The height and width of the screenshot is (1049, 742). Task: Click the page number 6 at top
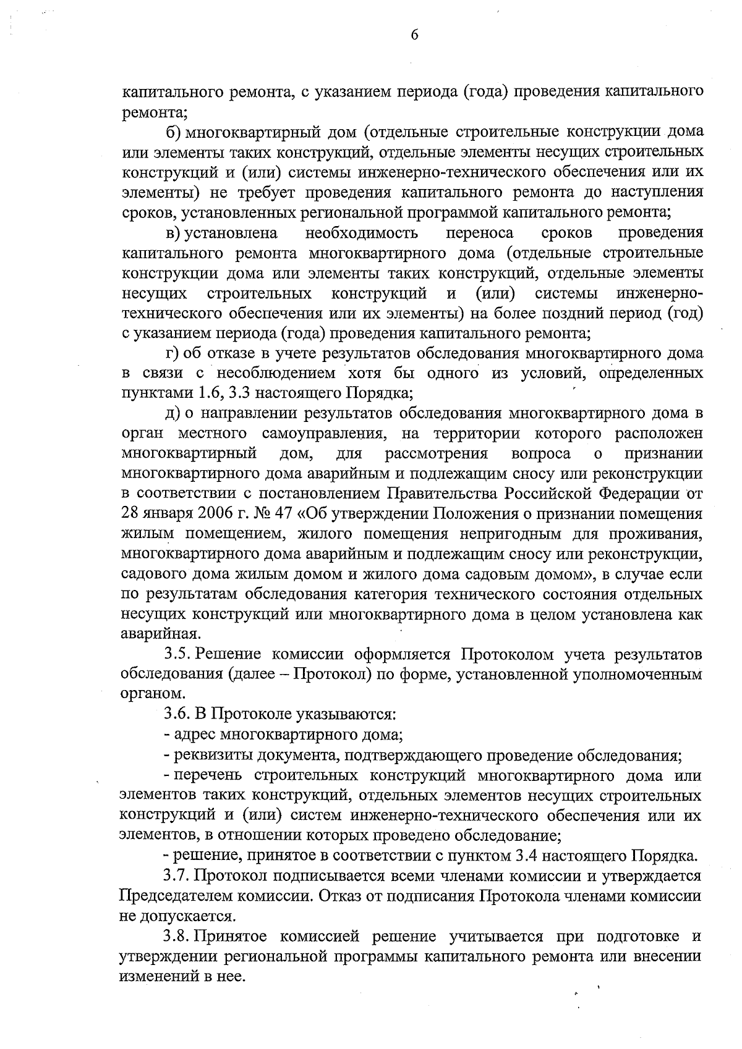click(414, 36)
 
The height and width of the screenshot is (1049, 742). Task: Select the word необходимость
click(361, 233)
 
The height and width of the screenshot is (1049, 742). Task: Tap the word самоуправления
click(325, 434)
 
